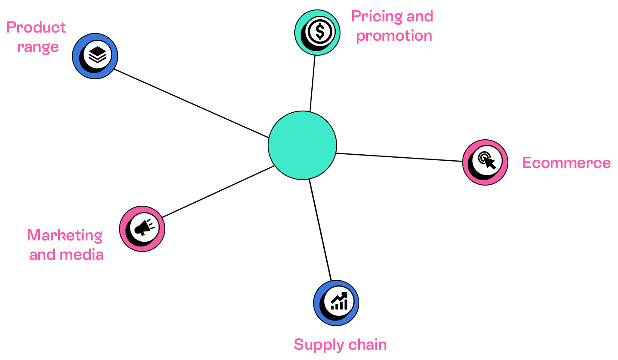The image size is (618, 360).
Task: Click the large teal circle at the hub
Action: tap(302, 145)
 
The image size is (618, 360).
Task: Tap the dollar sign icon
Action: tap(319, 31)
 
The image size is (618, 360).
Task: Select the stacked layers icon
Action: tap(97, 54)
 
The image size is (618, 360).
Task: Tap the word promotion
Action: tap(394, 36)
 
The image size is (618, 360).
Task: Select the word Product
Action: tap(36, 28)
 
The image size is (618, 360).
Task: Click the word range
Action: tap(38, 47)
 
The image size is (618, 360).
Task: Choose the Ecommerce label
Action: tap(566, 163)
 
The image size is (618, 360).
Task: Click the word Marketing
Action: tap(65, 235)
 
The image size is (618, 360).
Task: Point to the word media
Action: tap(82, 255)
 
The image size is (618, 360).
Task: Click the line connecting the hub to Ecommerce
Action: tap(398, 157)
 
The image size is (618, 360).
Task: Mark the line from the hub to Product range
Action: tap(191, 103)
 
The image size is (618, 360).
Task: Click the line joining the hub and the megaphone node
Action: tap(218, 191)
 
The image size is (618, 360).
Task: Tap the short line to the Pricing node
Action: tap(313, 84)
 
